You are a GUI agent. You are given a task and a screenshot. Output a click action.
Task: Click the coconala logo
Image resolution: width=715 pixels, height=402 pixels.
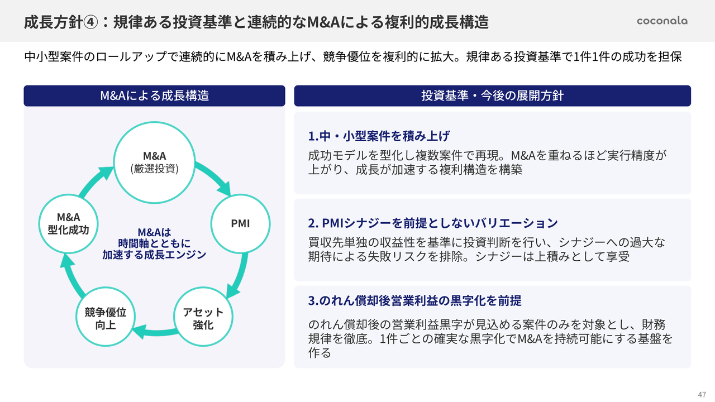662,21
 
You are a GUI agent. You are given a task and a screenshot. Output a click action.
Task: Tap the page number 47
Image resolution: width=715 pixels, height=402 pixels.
702,394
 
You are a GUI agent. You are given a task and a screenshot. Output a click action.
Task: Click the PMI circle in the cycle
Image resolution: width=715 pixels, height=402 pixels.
240,224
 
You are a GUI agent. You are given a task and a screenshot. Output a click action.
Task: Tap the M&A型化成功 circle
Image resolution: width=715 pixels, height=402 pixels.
68,223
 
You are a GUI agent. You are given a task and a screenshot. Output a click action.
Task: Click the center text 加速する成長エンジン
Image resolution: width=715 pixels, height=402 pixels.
154,255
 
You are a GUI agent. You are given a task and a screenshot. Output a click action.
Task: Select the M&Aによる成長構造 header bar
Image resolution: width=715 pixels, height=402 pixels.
154,95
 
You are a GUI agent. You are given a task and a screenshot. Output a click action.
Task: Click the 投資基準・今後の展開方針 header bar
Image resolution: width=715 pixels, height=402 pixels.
492,95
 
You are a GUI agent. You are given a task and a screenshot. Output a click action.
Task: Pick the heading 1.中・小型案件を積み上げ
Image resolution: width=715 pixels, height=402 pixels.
379,136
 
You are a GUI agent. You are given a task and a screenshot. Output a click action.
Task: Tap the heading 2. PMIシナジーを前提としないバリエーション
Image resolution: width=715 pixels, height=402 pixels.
433,223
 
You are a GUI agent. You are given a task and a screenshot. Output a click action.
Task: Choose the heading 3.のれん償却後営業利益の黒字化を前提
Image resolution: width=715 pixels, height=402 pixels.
414,300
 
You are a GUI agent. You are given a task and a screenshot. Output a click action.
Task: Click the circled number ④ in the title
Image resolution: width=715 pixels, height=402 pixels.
91,22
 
